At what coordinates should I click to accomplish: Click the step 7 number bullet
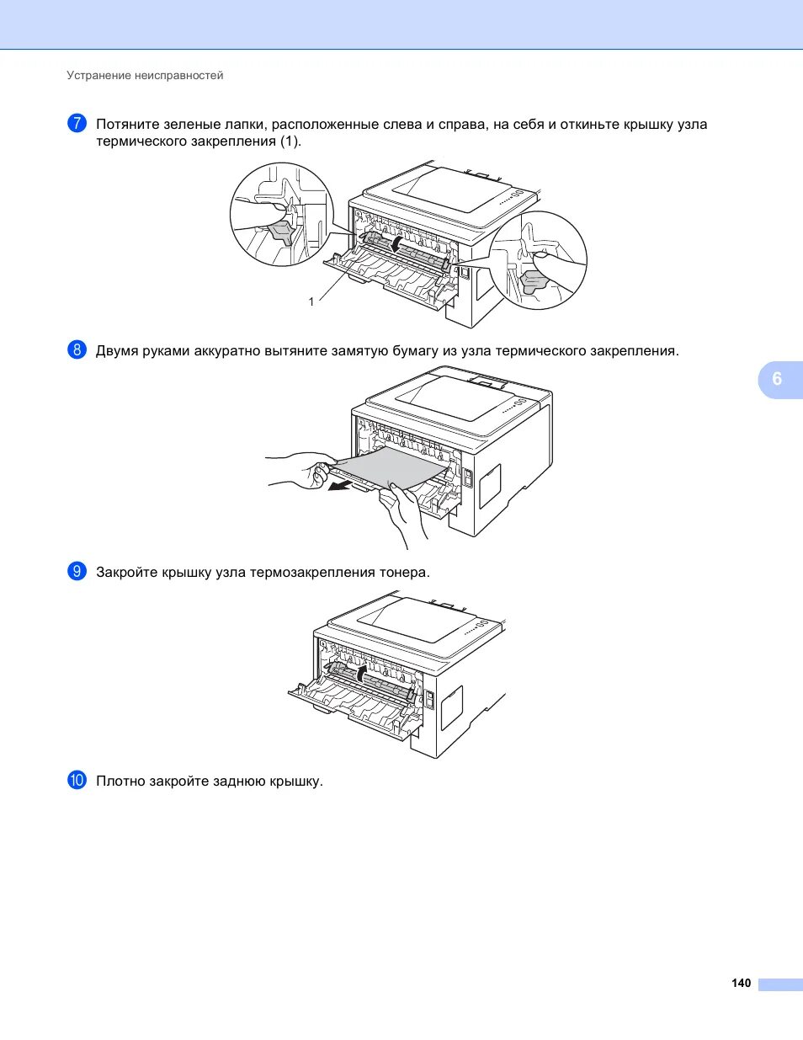[x=77, y=123]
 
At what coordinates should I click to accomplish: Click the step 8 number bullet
[x=77, y=349]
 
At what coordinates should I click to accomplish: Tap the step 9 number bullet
[x=77, y=571]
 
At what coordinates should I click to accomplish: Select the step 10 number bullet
[x=77, y=780]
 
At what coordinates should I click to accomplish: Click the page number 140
[x=741, y=983]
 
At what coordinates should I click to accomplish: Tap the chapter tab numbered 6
[x=777, y=379]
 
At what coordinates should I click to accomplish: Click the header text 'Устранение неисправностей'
[x=145, y=76]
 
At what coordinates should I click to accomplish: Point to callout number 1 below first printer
[x=311, y=301]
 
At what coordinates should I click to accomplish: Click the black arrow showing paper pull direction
[x=341, y=485]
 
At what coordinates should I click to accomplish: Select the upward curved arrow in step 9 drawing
[x=360, y=674]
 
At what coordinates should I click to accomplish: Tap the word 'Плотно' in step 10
[x=120, y=781]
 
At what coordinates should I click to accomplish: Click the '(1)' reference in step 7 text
[x=290, y=141]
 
